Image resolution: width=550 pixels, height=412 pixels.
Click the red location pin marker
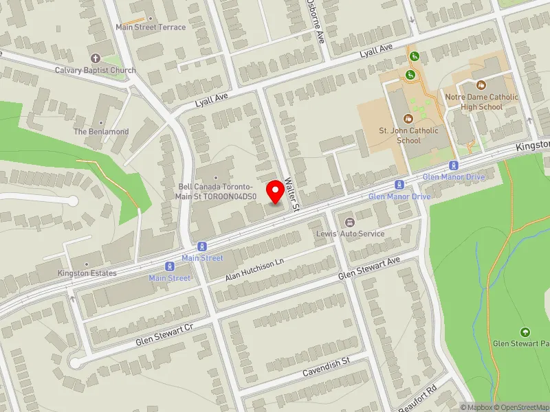[x=276, y=192]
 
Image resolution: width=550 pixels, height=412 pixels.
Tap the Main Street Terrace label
[x=151, y=27]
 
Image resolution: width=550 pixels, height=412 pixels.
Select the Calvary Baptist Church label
[x=96, y=70]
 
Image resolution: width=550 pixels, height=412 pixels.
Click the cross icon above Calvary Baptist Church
[x=95, y=58]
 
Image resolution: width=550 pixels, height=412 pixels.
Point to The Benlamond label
[x=100, y=131]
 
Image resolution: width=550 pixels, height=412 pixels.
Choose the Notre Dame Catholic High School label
[x=481, y=102]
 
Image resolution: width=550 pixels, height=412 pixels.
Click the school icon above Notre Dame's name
[x=481, y=85]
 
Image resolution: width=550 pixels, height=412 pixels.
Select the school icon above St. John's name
[x=408, y=118]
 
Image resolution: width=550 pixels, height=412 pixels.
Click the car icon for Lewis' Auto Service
[x=350, y=222]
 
